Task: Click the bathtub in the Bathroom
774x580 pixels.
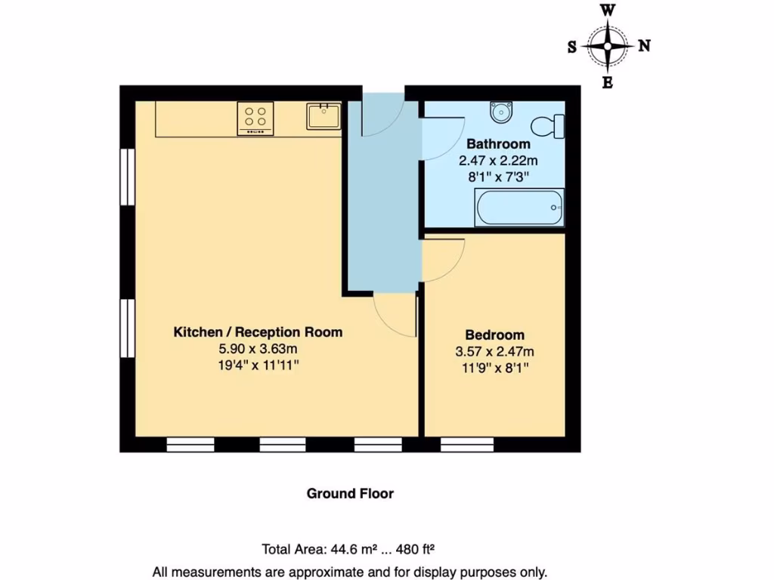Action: coord(519,207)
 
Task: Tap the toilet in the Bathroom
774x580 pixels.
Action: coord(548,126)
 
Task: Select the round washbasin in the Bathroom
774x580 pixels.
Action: coord(500,113)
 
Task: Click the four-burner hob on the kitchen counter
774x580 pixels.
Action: coord(255,119)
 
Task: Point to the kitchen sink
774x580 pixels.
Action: coord(323,117)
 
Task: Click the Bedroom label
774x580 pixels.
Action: coord(494,335)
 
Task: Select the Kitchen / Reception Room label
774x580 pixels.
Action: coord(258,332)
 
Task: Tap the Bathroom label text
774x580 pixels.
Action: coord(497,143)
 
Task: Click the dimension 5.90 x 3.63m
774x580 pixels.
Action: coord(258,349)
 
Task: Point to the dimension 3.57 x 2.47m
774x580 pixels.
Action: coord(494,352)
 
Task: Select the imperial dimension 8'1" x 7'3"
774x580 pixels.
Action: coord(497,177)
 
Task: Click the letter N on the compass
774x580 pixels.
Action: coord(644,45)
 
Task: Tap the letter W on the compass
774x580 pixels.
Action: coord(608,11)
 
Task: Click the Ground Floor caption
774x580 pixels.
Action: coord(350,494)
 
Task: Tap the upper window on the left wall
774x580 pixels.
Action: coord(127,177)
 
